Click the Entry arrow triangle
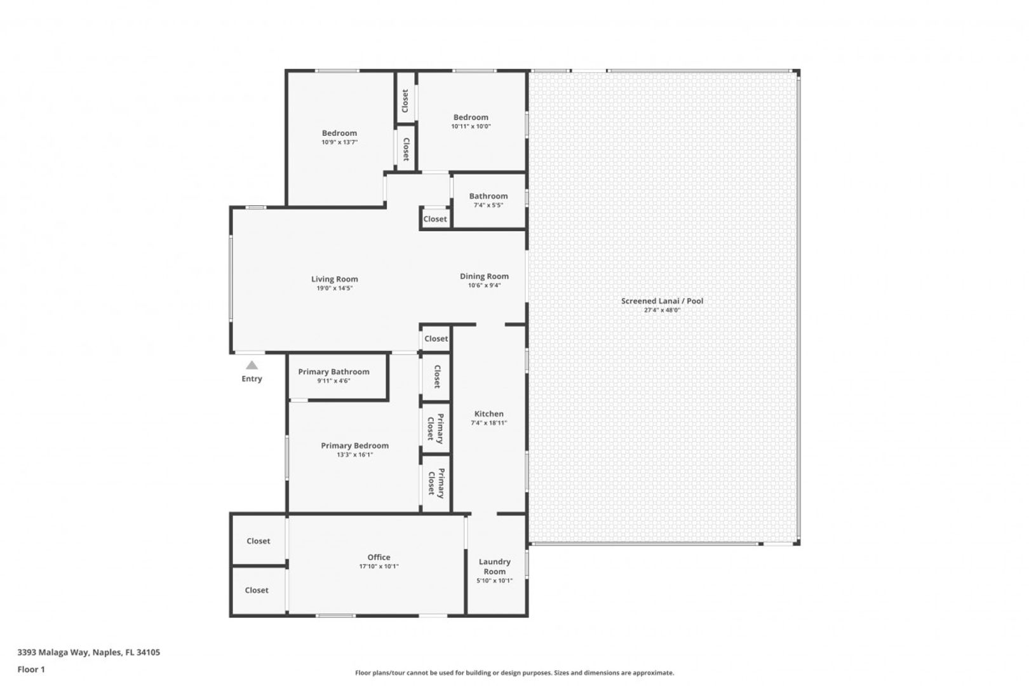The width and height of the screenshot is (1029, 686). point(252,365)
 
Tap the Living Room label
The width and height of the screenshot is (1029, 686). point(334,279)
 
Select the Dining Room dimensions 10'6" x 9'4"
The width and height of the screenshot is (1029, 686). point(484,285)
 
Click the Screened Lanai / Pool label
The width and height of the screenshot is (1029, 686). point(662,301)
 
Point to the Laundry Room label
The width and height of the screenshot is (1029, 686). point(495,567)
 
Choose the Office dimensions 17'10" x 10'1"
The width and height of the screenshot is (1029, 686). point(379,567)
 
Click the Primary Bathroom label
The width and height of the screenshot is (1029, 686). point(333,372)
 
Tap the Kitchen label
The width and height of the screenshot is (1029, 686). point(489,414)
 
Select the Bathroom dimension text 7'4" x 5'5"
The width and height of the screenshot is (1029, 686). point(488,205)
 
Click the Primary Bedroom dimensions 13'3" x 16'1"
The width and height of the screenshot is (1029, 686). point(354,455)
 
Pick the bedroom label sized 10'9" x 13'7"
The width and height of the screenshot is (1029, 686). point(339,133)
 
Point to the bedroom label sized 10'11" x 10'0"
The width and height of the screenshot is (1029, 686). point(471,117)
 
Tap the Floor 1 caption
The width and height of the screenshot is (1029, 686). point(31,669)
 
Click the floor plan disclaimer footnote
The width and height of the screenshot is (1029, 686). point(514,673)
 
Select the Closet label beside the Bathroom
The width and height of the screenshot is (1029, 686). point(435,219)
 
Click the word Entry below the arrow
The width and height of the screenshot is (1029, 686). point(252,379)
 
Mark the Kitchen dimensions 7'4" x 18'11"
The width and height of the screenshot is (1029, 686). point(489,423)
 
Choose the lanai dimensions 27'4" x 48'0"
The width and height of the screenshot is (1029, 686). point(662,310)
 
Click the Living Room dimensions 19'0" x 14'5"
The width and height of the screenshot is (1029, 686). point(334,288)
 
